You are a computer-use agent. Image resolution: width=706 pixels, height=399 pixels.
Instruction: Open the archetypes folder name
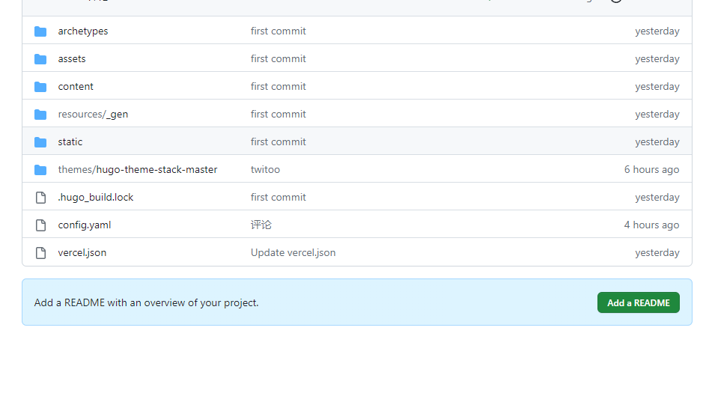point(83,31)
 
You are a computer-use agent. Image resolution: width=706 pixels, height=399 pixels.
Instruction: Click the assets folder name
point(72,59)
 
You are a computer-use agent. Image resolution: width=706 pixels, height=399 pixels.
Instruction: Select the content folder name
point(76,87)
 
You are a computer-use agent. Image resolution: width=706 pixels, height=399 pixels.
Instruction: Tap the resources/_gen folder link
point(93,115)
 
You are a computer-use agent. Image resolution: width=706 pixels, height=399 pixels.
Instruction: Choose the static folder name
point(70,141)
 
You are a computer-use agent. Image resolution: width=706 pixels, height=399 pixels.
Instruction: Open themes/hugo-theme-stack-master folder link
point(138,170)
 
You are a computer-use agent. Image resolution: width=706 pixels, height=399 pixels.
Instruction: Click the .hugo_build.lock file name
point(95,197)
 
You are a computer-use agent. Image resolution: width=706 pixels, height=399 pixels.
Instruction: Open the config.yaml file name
point(84,225)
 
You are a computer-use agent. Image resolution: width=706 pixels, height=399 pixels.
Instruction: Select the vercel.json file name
point(82,252)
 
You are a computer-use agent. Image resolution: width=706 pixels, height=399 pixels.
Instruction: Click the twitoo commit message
point(265,170)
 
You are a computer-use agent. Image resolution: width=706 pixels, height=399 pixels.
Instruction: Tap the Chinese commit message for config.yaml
point(261,225)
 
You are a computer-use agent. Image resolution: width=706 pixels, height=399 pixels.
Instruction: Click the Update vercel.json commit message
point(293,252)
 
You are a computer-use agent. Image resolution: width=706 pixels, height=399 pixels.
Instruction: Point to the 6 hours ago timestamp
point(651,170)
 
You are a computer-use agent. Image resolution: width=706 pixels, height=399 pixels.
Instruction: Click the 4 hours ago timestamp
point(651,225)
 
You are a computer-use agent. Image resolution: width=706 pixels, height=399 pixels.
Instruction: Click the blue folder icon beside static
point(40,142)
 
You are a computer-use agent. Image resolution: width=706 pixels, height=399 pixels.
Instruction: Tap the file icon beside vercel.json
point(40,253)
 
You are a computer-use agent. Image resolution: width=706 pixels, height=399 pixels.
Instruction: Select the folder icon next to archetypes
point(40,31)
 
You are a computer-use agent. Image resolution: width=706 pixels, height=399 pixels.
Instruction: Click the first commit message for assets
point(279,59)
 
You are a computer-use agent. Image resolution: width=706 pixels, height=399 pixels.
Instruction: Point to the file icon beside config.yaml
point(40,225)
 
